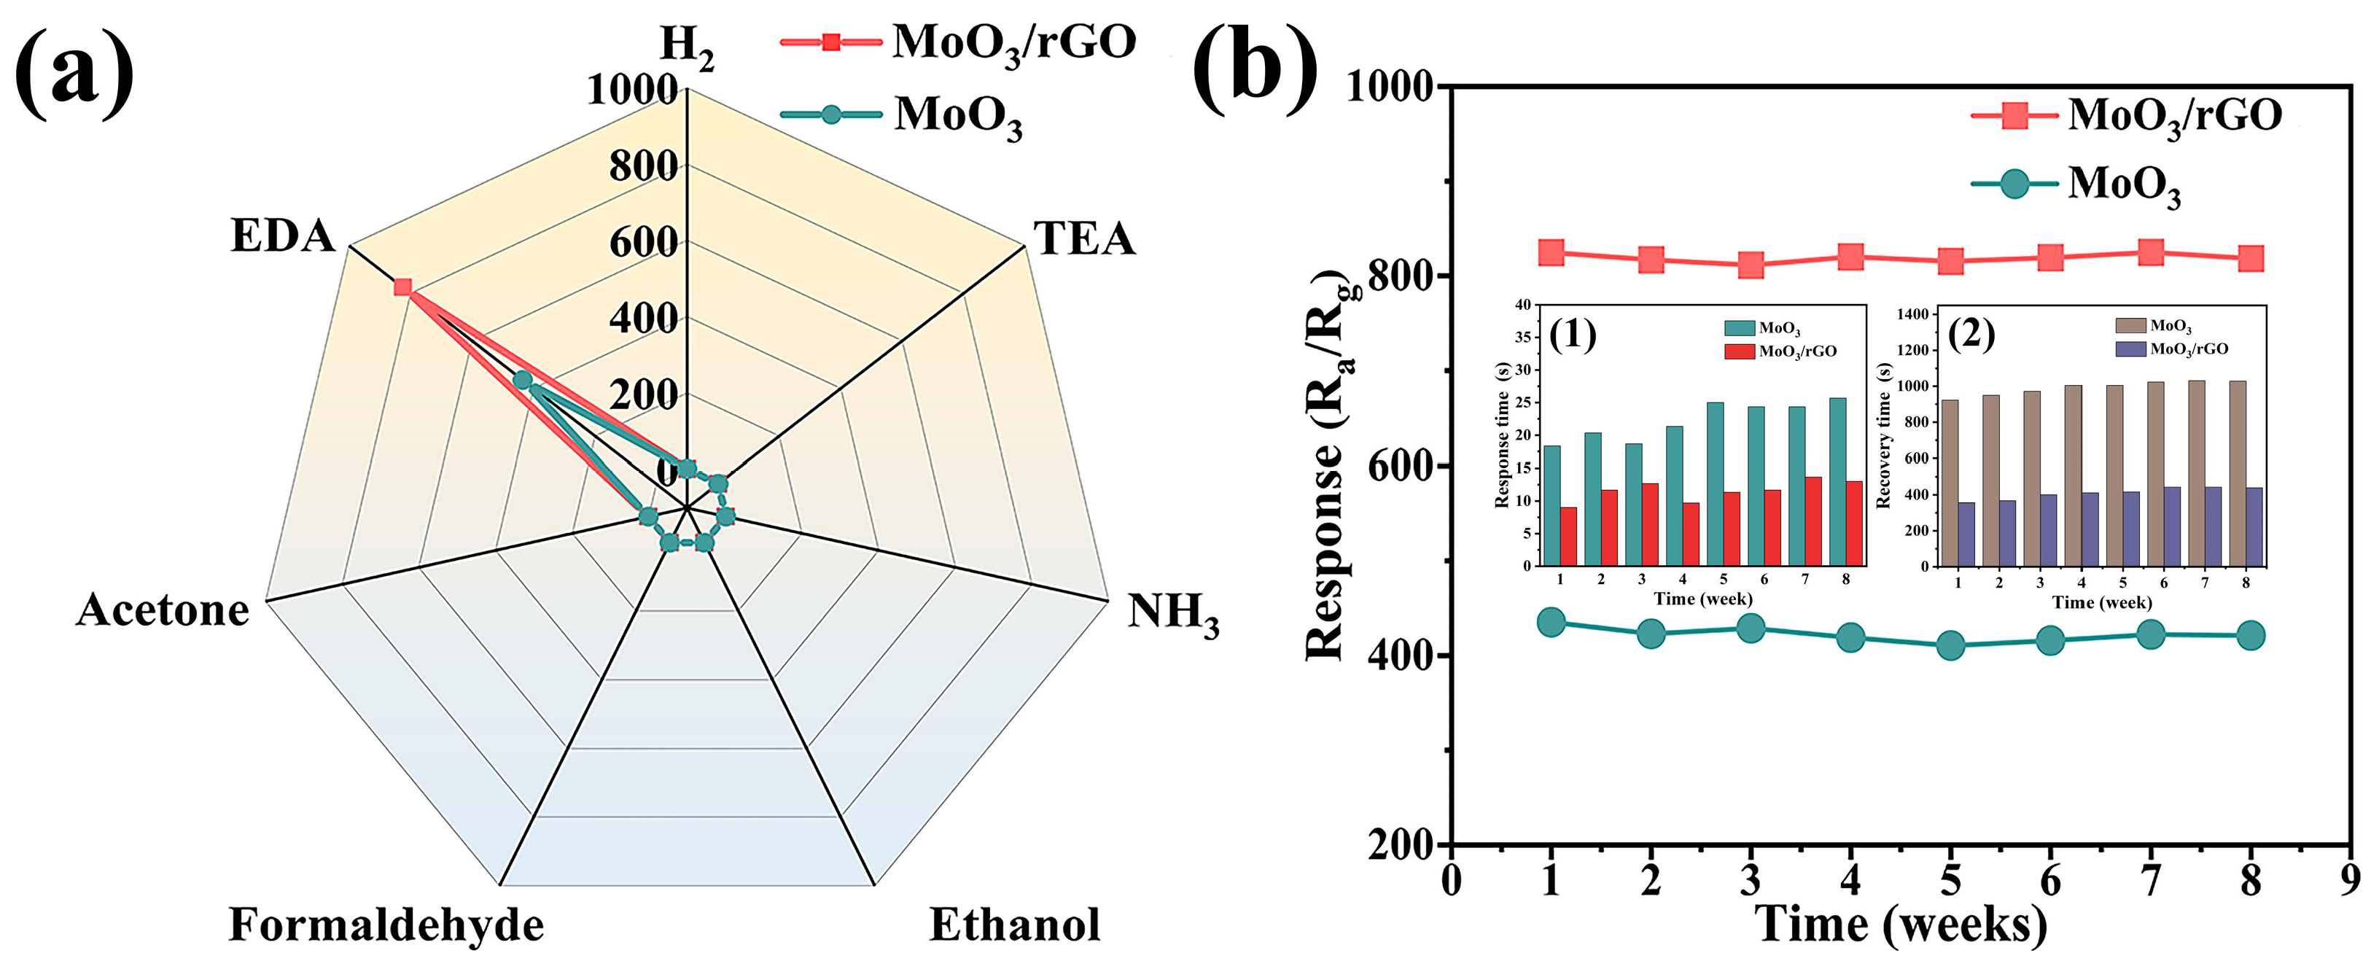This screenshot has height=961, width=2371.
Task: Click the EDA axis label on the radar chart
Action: coord(283,236)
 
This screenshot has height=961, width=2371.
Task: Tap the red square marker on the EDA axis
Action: coord(402,287)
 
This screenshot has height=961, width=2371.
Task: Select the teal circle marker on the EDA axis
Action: coord(523,380)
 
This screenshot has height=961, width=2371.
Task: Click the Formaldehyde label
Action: coord(386,925)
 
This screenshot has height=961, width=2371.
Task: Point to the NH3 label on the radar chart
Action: coord(1172,612)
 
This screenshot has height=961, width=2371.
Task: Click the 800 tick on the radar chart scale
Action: coord(642,167)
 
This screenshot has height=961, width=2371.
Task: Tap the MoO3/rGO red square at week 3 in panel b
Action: coord(1751,266)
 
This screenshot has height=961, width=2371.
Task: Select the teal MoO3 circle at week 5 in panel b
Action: coord(1950,645)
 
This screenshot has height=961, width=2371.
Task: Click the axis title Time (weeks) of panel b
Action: coord(1901,923)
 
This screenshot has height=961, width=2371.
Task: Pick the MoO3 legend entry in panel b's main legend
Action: coord(2123,184)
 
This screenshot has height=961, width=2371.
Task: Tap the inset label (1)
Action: coord(1572,333)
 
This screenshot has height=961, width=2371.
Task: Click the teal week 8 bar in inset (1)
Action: coord(1837,481)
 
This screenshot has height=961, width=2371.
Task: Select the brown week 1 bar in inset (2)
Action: coord(1950,483)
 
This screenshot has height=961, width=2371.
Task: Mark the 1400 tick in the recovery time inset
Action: coord(1912,314)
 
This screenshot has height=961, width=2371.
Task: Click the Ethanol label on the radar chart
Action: coord(1014,925)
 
